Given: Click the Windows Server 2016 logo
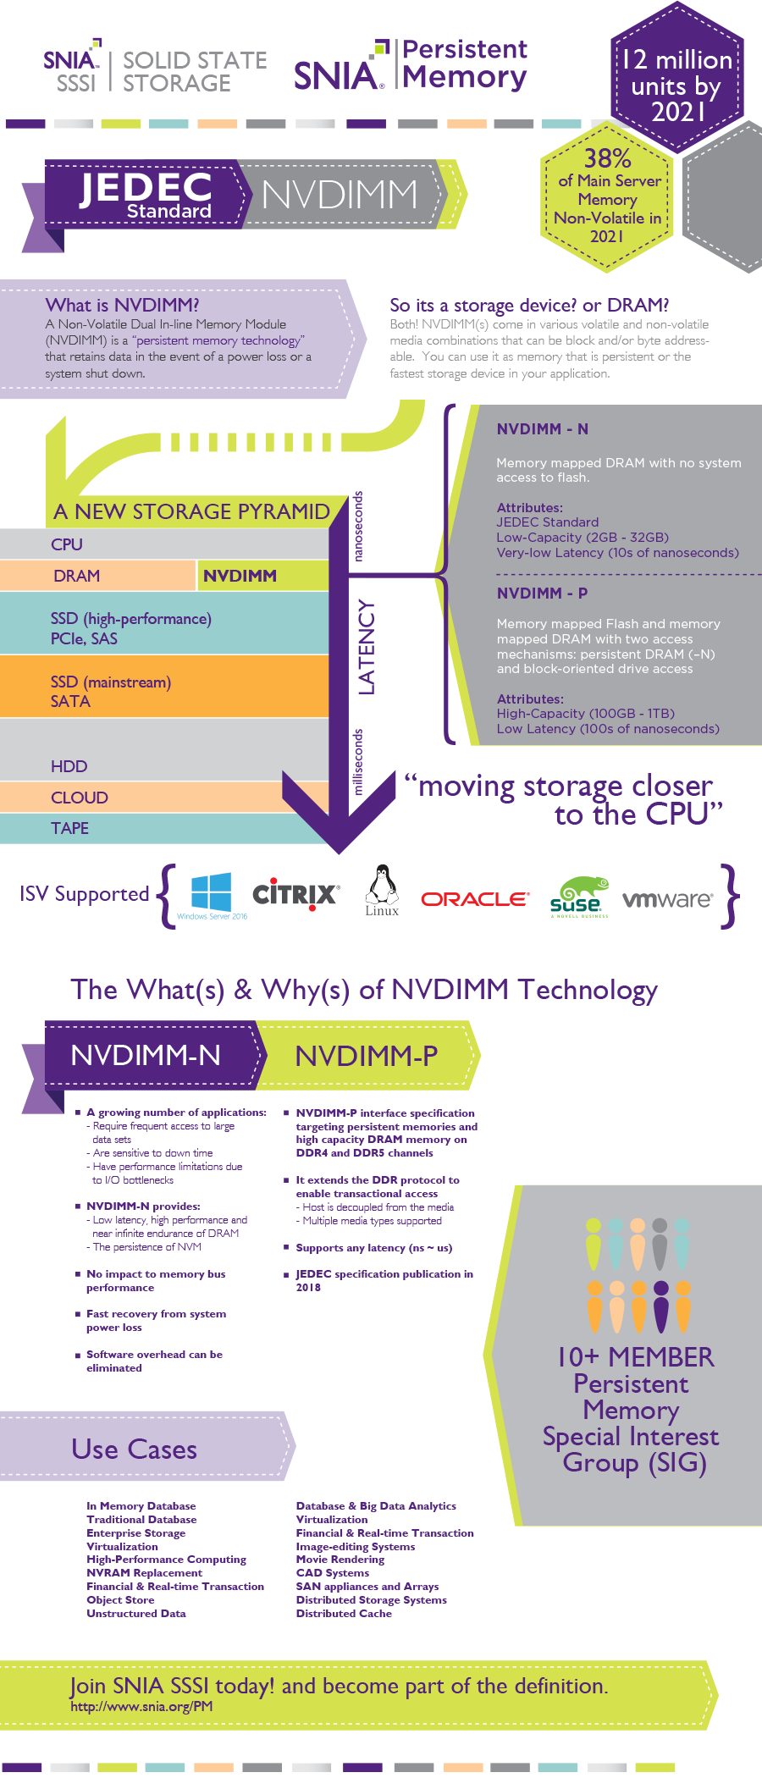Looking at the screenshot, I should click(212, 895).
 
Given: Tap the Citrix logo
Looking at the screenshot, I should click(295, 894).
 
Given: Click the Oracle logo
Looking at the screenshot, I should click(475, 898).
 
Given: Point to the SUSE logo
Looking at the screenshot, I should click(579, 896).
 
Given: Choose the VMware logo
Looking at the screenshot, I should click(667, 898).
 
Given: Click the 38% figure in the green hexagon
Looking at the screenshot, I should click(607, 158).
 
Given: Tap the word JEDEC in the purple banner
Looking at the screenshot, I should click(146, 187).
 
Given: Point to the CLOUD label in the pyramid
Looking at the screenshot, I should click(80, 798).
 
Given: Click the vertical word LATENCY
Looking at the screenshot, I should click(366, 647).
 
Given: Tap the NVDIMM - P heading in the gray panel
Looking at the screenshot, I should click(542, 593).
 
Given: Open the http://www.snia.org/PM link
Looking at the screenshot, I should click(141, 1706).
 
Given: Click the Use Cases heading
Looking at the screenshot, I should click(135, 1449).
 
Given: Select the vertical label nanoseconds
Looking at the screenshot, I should click(357, 526).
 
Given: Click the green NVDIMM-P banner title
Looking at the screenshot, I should click(366, 1056).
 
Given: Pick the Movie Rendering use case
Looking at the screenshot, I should click(340, 1560).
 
